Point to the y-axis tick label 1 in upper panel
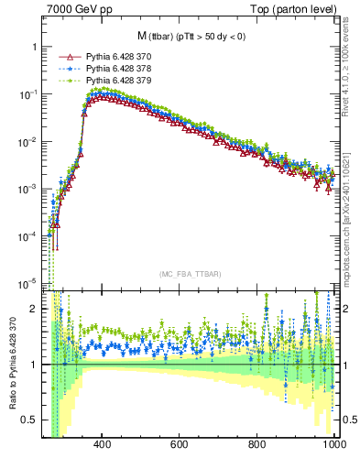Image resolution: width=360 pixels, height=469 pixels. (x=33, y=47)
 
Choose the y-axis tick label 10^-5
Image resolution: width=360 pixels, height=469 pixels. (x=27, y=281)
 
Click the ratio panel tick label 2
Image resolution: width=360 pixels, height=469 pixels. (x=33, y=309)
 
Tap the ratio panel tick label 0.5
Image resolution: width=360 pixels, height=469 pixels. (x=29, y=420)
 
